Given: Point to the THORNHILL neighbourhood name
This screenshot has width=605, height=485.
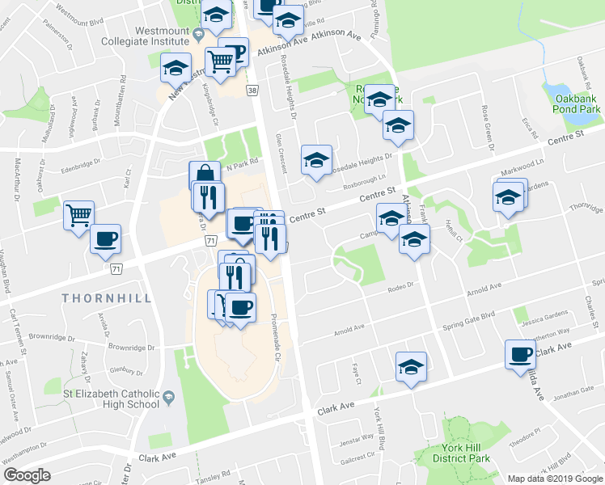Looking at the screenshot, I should tap(107, 298).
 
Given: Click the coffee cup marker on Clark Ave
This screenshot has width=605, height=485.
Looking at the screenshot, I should tap(520, 353).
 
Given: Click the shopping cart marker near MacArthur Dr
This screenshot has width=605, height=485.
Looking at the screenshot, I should tap(78, 215).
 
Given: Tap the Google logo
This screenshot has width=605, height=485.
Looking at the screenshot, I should tap(27, 475).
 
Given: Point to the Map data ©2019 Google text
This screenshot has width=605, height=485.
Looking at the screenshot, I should tap(554, 479).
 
